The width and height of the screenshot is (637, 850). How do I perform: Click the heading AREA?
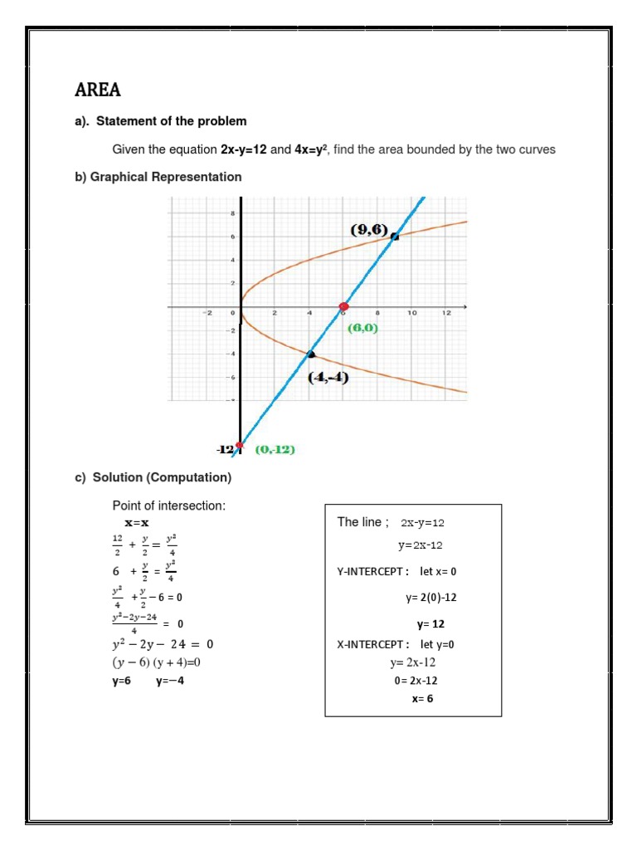pyautogui.click(x=98, y=90)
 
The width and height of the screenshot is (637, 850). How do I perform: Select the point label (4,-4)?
pyautogui.click(x=328, y=378)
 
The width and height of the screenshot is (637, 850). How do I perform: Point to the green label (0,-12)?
pyautogui.click(x=275, y=450)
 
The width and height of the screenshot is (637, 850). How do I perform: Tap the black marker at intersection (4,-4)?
pyautogui.click(x=311, y=354)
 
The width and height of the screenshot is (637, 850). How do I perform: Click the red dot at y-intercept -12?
pyautogui.click(x=240, y=446)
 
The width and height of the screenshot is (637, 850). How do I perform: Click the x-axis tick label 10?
pyautogui.click(x=411, y=313)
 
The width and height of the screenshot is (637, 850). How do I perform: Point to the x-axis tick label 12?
pyautogui.click(x=445, y=313)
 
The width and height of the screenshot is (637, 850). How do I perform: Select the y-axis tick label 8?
pyautogui.click(x=232, y=213)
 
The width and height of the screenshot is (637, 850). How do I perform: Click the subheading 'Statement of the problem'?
pyautogui.click(x=171, y=121)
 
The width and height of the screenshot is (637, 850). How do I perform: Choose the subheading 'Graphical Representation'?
pyautogui.click(x=158, y=177)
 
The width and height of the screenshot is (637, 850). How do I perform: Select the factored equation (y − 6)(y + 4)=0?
pyautogui.click(x=158, y=662)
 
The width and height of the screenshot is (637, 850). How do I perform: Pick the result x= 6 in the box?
pyautogui.click(x=422, y=698)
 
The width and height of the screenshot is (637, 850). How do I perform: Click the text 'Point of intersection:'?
pyautogui.click(x=168, y=506)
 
